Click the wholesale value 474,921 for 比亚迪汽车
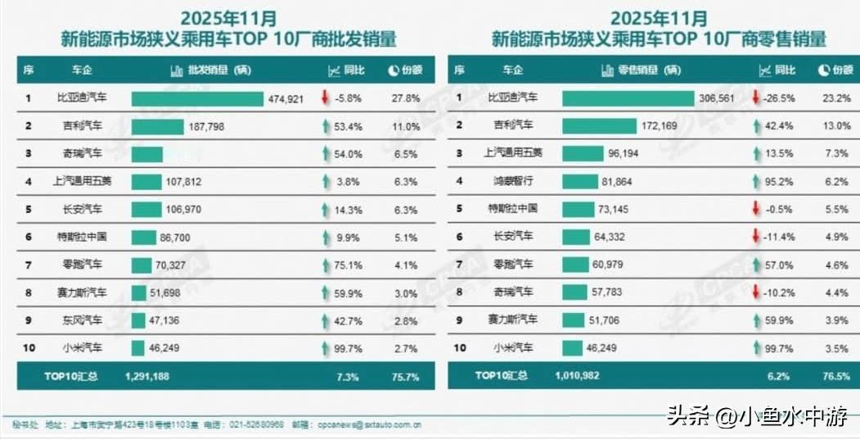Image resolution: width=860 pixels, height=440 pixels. point(286,98)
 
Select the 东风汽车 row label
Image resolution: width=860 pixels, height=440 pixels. point(83,320)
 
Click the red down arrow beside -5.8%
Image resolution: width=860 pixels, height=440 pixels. point(325,98)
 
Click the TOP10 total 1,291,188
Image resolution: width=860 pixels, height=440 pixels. point(148,376)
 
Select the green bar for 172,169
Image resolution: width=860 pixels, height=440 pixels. point(599,125)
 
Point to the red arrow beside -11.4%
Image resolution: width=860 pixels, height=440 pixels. point(755,237)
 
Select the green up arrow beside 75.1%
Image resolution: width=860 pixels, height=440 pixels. point(325,265)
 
